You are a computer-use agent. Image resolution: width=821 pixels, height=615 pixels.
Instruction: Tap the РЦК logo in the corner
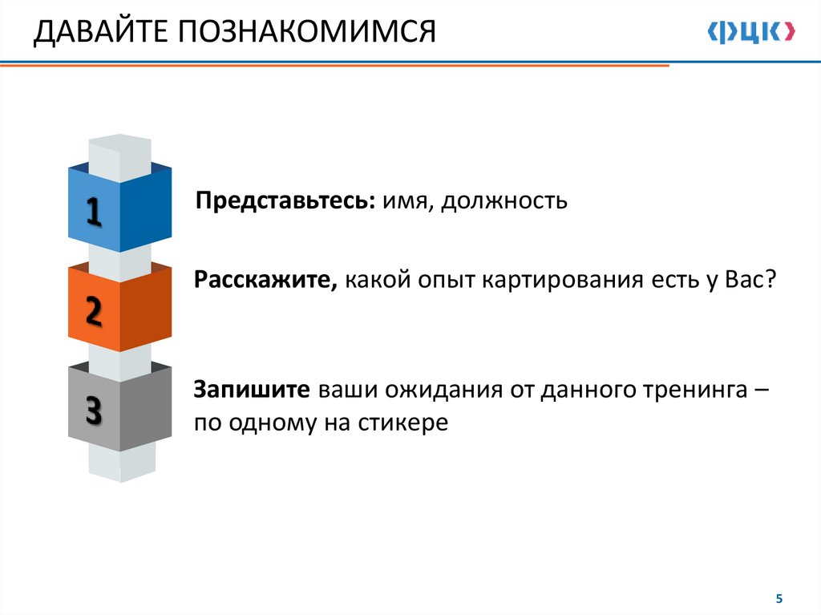click(x=751, y=32)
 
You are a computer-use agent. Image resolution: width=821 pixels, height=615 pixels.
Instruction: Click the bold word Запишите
click(x=252, y=390)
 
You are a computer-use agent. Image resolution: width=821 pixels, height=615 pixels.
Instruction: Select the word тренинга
click(x=694, y=390)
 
